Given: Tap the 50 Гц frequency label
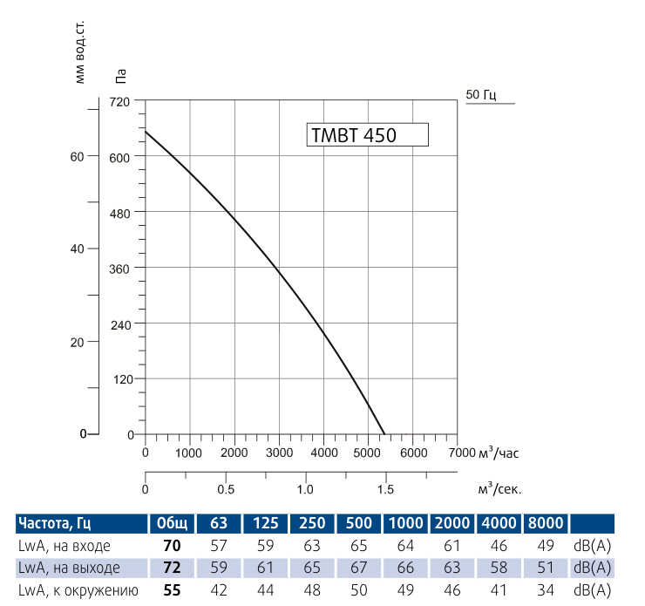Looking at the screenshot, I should click(481, 95).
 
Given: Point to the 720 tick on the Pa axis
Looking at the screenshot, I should click(119, 102).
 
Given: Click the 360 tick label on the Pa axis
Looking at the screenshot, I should click(119, 269).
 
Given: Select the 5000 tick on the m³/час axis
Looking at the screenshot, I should click(370, 453).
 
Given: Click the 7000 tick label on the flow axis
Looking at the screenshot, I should click(459, 453).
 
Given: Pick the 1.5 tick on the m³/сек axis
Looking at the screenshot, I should click(384, 489).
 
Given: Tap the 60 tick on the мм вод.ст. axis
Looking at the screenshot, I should click(77, 157).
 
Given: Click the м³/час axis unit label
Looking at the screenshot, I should click(500, 453).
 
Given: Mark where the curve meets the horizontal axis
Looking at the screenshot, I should click(384, 434).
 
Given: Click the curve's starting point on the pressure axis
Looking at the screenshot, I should click(145, 132).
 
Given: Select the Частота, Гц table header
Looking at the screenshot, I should click(55, 523).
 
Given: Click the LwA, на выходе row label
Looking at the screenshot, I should click(69, 569).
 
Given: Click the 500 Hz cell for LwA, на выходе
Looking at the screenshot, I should click(358, 569).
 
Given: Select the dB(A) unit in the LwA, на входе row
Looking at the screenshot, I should click(592, 546).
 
